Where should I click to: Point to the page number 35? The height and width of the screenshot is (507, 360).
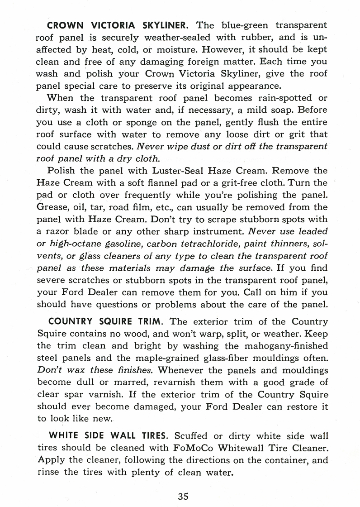tap(183, 496)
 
